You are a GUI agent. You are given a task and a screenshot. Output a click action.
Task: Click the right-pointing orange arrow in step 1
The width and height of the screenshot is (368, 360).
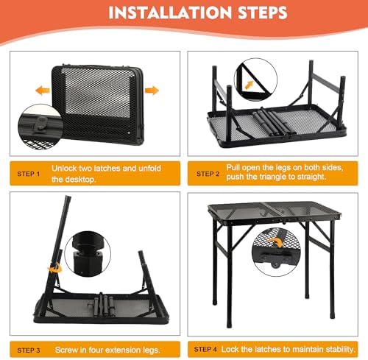pos(152,90)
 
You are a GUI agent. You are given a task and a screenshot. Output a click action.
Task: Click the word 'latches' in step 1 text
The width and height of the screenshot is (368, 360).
pos(106,169)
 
